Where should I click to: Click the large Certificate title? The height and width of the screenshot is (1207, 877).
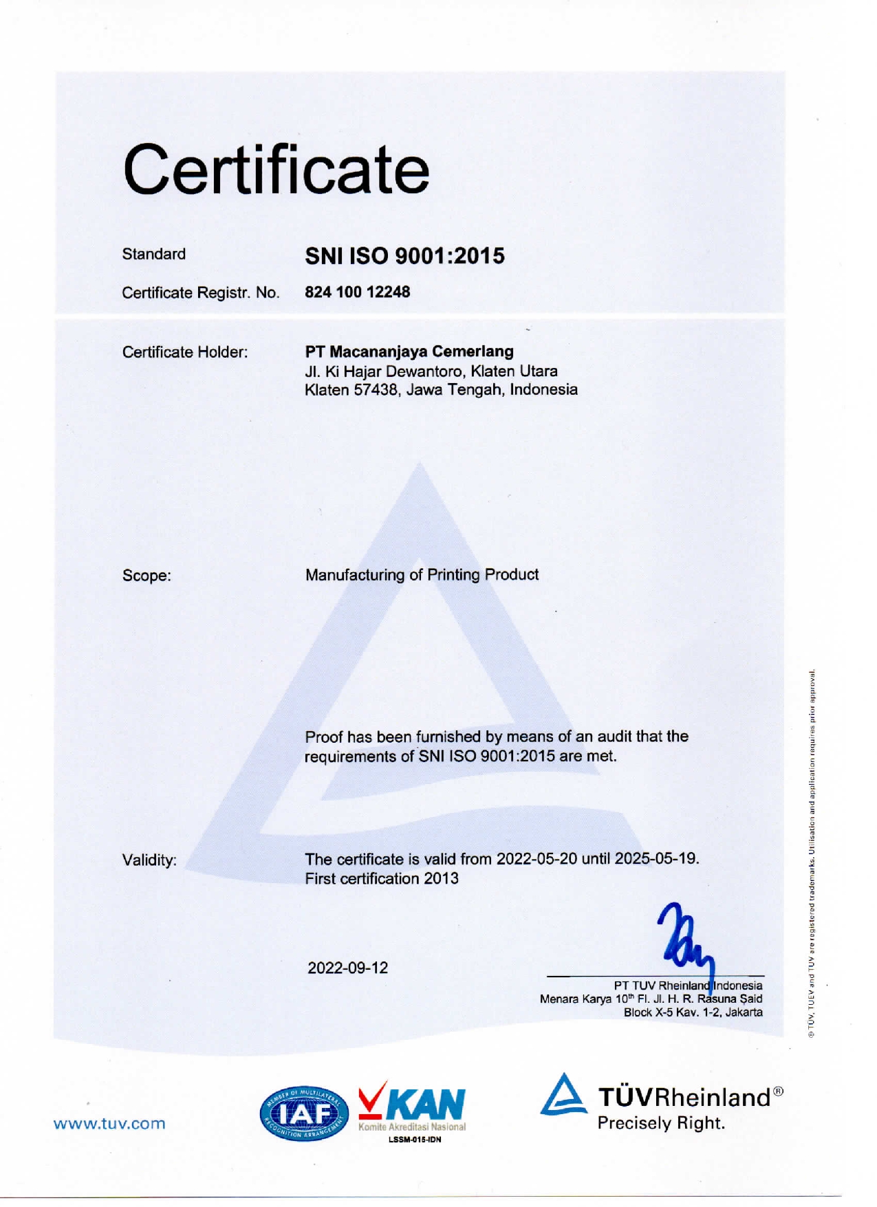click(276, 169)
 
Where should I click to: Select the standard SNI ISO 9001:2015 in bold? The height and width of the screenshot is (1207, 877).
click(404, 256)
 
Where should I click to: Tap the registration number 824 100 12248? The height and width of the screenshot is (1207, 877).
click(357, 292)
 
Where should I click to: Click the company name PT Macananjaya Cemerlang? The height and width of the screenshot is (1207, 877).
click(409, 351)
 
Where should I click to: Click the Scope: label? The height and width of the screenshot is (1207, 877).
click(147, 576)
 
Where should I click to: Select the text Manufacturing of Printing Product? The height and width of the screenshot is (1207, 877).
click(422, 575)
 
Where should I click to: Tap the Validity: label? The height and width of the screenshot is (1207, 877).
click(149, 860)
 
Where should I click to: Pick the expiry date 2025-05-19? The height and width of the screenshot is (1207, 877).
click(656, 859)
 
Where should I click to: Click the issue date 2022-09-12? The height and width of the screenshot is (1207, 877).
click(347, 968)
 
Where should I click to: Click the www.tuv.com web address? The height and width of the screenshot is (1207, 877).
click(109, 1124)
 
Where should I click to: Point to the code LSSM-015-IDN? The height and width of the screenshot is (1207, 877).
click(415, 1140)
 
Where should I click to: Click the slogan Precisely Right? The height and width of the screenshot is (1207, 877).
click(661, 1124)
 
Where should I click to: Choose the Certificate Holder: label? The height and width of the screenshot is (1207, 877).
click(185, 352)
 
